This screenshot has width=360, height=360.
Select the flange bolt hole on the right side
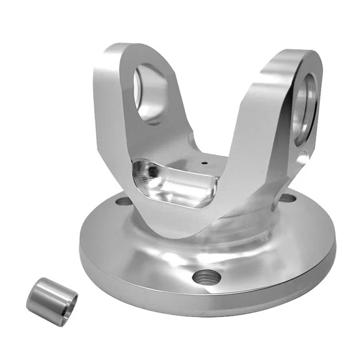(x=287, y=199)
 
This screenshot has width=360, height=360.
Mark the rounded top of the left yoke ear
(x=134, y=49)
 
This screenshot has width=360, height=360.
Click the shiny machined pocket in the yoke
(x=172, y=184)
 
